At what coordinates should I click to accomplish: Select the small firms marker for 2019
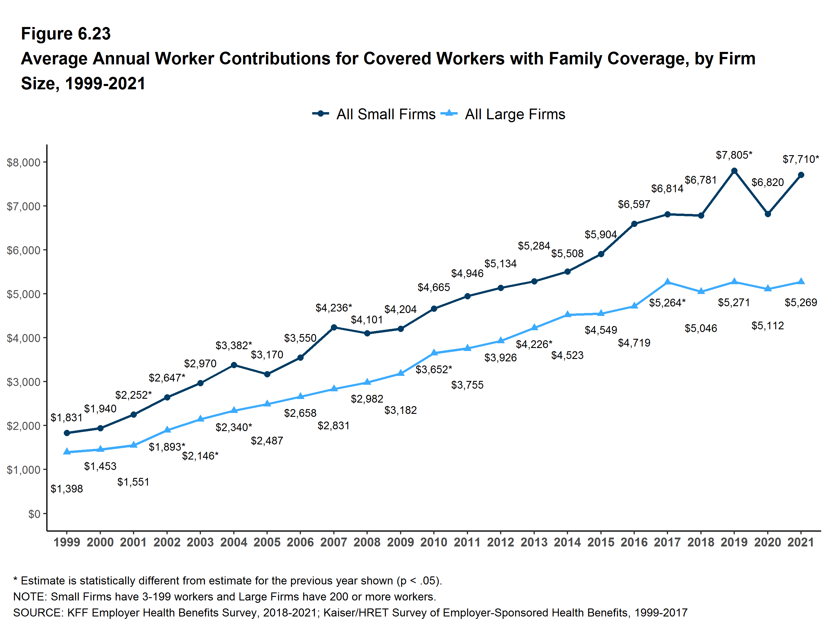pos(734,171)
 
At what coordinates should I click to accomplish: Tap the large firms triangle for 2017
pos(667,282)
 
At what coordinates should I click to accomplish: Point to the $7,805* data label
pos(734,155)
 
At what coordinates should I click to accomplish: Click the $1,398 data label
pos(67,489)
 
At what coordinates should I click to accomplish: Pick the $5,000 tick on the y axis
pos(23,294)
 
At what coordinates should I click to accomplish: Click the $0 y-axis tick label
pos(34,514)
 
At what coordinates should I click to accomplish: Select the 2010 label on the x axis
pos(434,542)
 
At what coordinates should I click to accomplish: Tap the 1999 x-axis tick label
pos(67,542)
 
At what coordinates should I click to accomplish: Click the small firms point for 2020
pos(768,214)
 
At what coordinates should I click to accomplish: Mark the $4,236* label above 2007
pos(334,308)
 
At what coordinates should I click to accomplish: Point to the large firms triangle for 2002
pos(167,430)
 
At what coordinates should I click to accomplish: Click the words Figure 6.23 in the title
pos(66,34)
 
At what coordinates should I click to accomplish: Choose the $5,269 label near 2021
pos(801,302)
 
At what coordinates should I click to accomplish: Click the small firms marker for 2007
pos(334,328)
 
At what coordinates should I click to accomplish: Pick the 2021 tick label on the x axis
pos(801,542)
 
